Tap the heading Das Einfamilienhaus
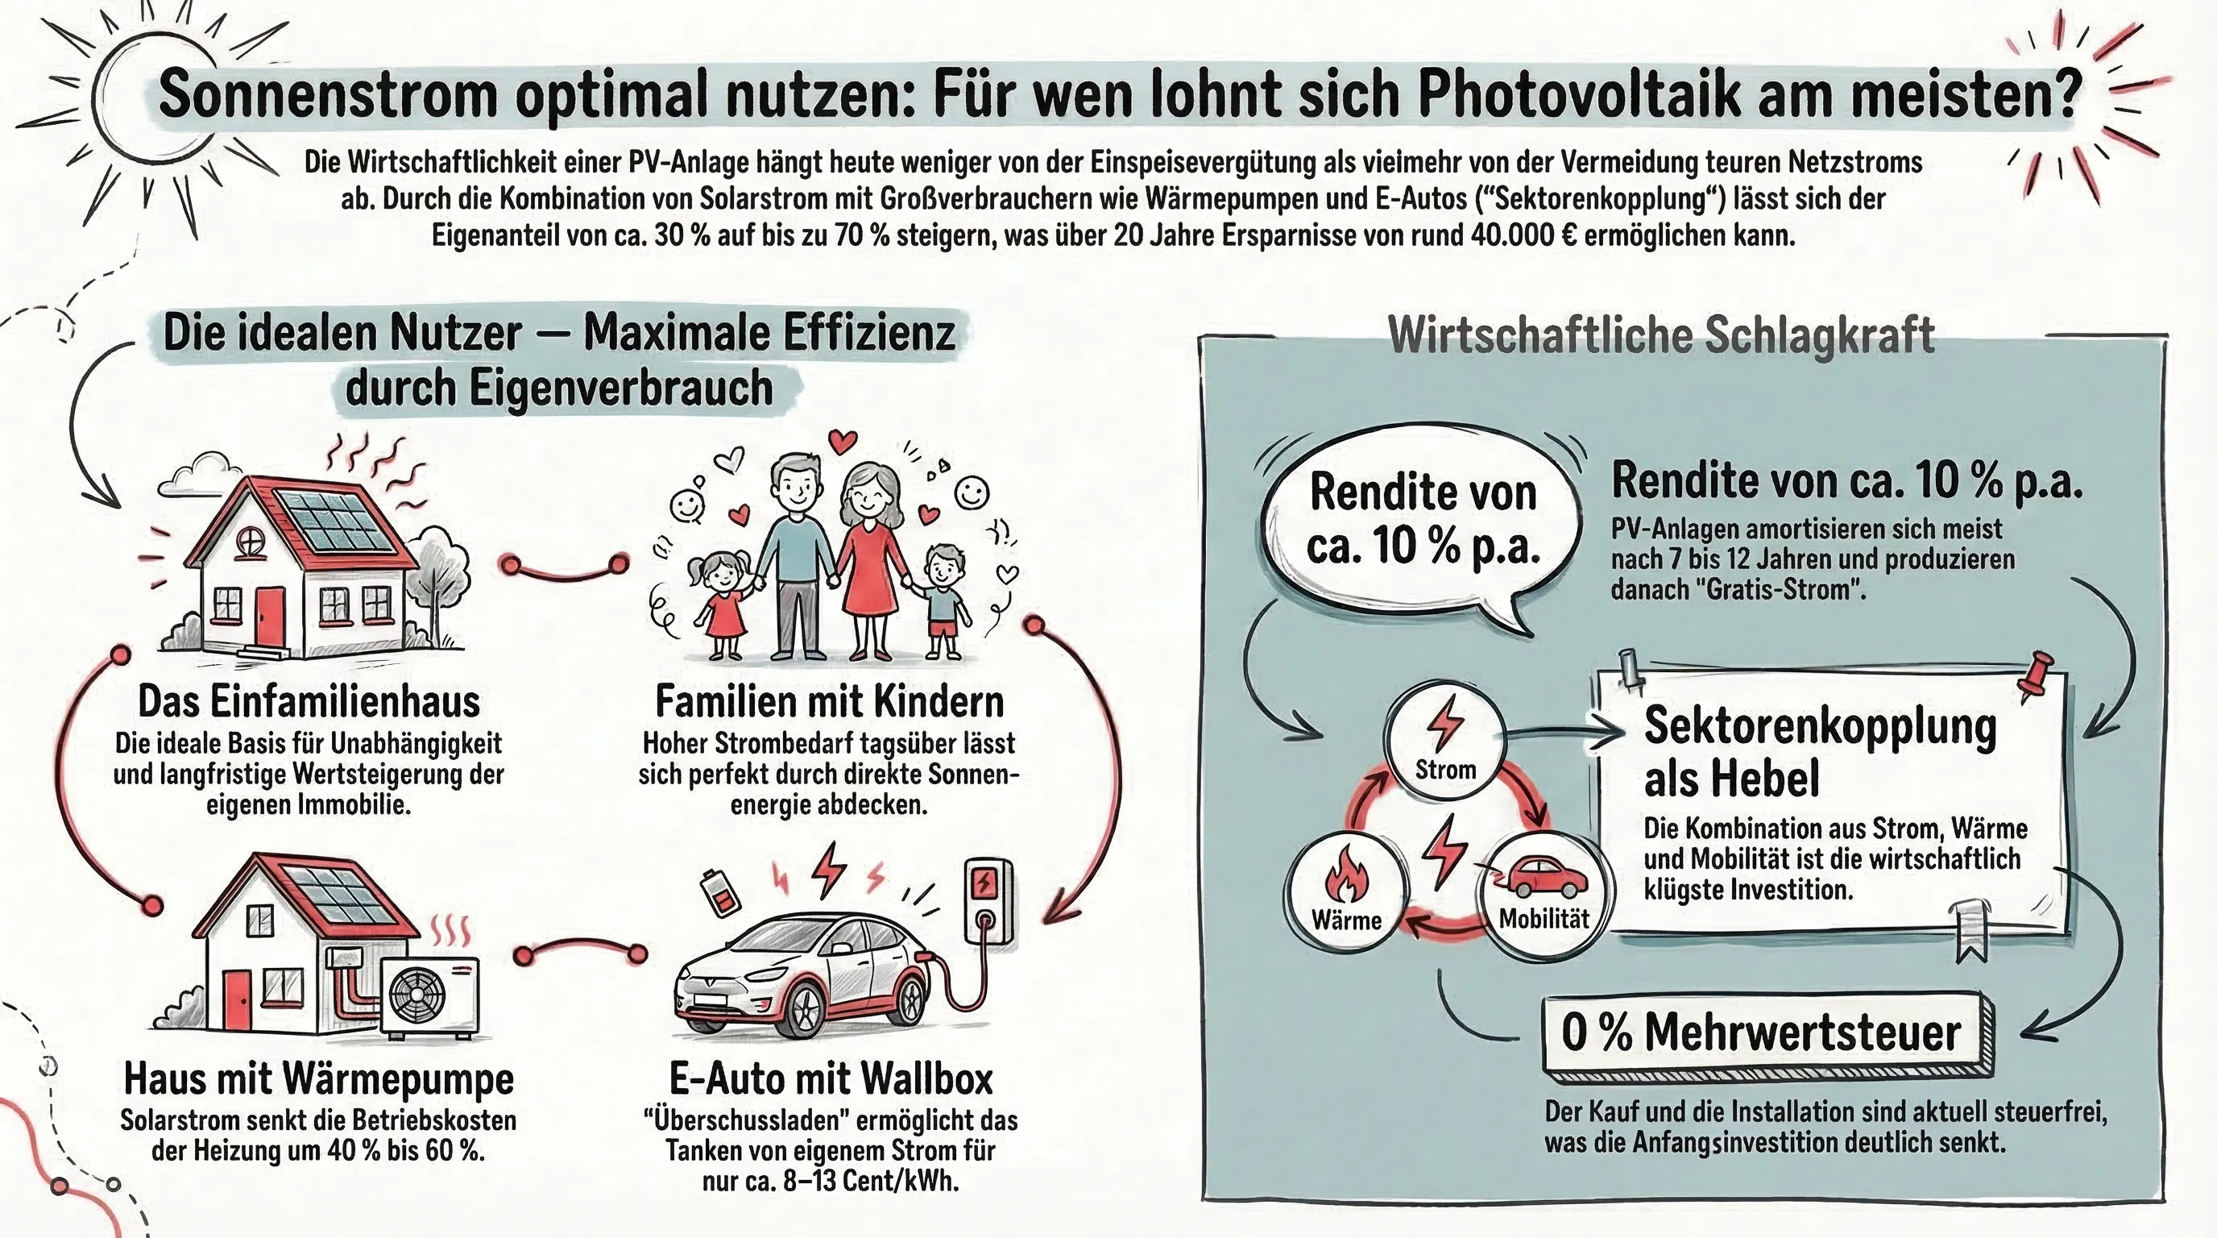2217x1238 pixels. [309, 702]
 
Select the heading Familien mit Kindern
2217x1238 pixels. [830, 702]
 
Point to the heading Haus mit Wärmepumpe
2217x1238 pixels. [319, 1078]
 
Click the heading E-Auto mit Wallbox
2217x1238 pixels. [831, 1078]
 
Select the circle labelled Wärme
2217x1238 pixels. [1346, 895]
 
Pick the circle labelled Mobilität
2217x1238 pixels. [1544, 895]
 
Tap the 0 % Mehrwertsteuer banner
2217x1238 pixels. [1762, 1032]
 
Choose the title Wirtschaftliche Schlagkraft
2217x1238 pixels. [1661, 335]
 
